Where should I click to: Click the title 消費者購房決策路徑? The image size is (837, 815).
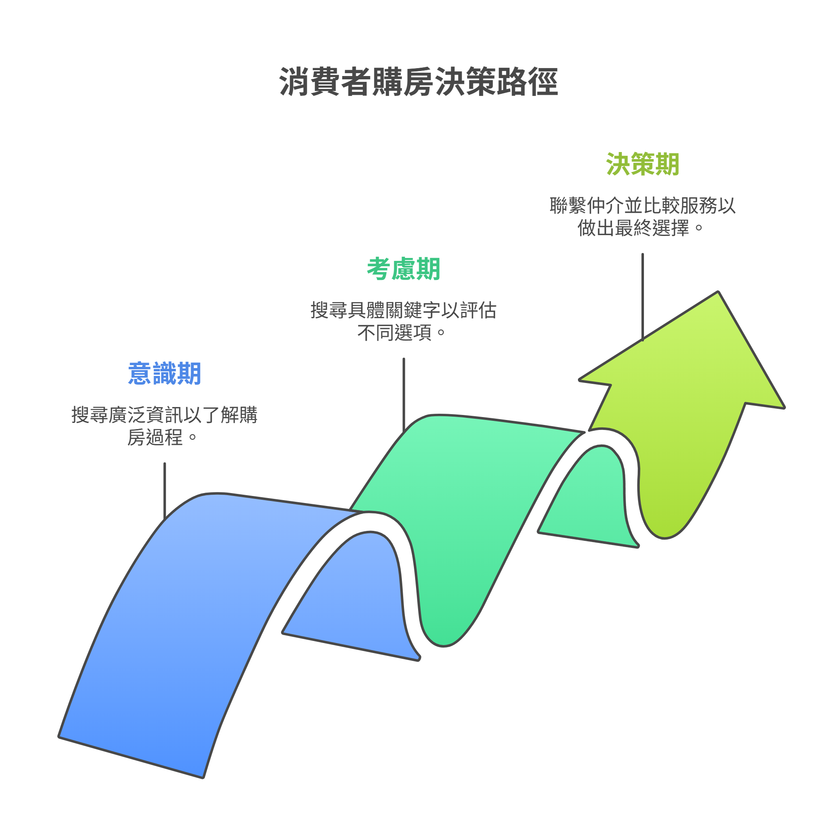click(418, 81)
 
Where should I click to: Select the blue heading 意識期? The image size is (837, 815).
click(165, 373)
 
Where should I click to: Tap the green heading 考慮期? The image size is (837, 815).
click(403, 269)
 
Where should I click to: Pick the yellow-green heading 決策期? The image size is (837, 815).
click(642, 164)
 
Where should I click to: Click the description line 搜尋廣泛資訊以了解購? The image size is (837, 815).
click(165, 415)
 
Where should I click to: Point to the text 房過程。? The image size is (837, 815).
click(162, 437)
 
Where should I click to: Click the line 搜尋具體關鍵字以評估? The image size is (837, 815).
click(403, 311)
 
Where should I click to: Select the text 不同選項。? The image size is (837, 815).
click(401, 333)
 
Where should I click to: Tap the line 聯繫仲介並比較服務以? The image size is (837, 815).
click(642, 206)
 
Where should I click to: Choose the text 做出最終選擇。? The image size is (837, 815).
click(640, 228)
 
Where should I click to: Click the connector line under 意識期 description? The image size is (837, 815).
click(165, 490)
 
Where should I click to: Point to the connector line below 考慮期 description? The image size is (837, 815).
click(404, 394)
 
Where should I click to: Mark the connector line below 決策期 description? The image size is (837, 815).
click(642, 295)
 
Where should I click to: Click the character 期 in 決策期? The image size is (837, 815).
click(667, 164)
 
